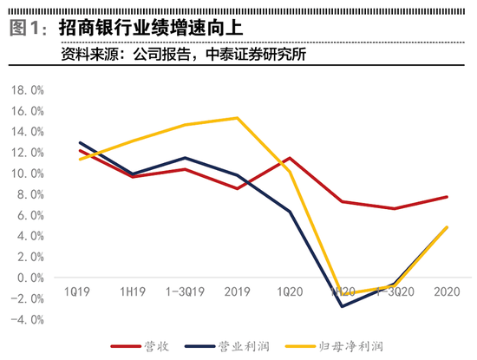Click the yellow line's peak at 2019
(x=238, y=118)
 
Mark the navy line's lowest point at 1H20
(x=343, y=306)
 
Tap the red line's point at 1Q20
(x=291, y=158)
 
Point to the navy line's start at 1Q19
(x=80, y=143)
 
